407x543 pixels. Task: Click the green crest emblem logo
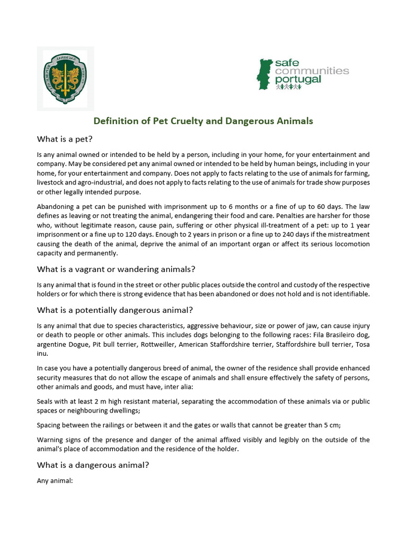65,78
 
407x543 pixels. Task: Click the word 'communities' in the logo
312,71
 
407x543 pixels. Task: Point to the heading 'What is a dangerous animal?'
93,465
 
